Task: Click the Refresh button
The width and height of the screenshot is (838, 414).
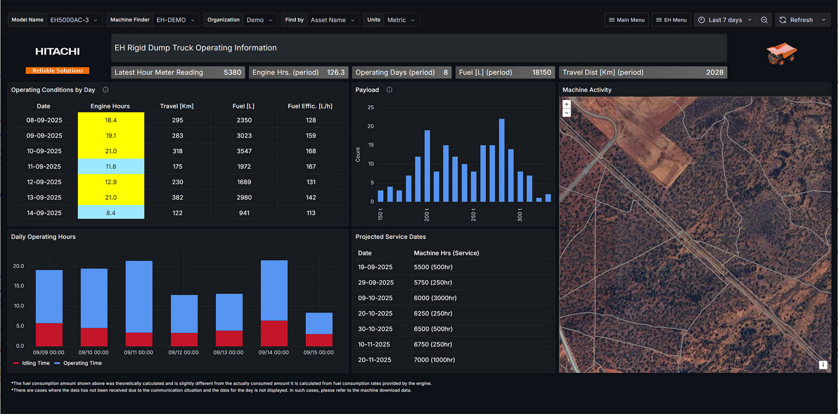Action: (x=797, y=20)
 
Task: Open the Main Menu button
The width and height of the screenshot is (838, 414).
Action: (x=626, y=20)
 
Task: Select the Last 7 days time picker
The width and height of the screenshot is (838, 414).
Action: (x=725, y=20)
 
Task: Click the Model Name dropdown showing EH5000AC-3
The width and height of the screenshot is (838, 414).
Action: (x=74, y=20)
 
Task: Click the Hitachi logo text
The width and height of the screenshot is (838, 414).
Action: (x=58, y=52)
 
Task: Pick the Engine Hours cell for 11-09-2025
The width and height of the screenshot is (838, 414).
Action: (x=111, y=166)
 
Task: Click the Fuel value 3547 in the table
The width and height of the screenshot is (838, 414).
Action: (x=244, y=151)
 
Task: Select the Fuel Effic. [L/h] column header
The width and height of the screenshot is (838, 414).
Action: (x=310, y=106)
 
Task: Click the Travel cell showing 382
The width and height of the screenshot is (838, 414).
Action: (x=177, y=197)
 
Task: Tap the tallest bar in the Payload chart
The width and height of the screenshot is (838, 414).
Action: (x=501, y=160)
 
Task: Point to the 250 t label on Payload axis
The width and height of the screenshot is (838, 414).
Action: (x=474, y=214)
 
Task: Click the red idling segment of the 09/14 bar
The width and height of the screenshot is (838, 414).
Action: (x=274, y=333)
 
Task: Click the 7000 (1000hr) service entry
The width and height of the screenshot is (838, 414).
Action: (x=434, y=360)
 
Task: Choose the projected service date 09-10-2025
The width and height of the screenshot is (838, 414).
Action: (x=375, y=298)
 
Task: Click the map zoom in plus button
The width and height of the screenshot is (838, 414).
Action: (x=567, y=104)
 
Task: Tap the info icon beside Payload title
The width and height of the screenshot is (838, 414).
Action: (x=389, y=90)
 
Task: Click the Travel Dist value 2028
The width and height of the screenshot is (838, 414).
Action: (x=714, y=72)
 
